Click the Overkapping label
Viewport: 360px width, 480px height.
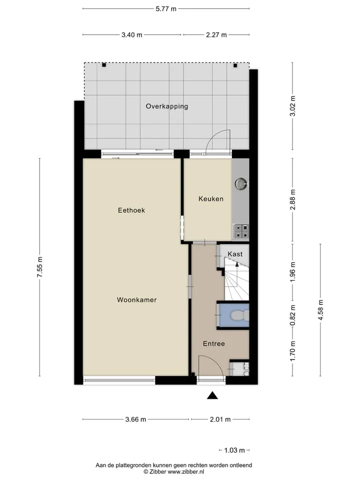(x=167, y=106)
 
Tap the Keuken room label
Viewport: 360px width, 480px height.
(x=211, y=198)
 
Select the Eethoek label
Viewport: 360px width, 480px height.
(x=131, y=210)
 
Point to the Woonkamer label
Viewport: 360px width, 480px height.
(x=136, y=299)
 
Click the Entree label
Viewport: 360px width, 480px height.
(x=213, y=344)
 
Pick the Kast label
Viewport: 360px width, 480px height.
(x=235, y=254)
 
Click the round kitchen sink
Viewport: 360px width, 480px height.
(x=241, y=183)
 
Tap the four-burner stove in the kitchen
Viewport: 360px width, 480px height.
(x=241, y=231)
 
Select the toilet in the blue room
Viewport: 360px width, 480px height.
(x=240, y=315)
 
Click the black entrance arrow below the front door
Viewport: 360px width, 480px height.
(x=212, y=395)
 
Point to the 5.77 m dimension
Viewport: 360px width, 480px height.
(x=166, y=9)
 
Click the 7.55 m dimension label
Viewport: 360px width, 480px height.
(x=40, y=267)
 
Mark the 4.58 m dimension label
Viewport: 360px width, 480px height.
(x=320, y=310)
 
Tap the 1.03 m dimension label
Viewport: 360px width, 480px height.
(x=234, y=450)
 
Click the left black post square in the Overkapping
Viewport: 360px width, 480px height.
(x=104, y=65)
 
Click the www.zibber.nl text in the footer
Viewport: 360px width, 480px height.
(x=186, y=471)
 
